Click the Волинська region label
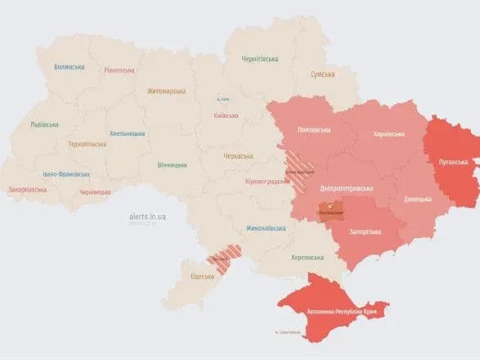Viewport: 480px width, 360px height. click(70, 67)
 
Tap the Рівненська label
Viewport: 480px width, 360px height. click(119, 70)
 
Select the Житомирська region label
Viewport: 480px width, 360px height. click(167, 91)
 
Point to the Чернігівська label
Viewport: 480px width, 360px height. click(260, 59)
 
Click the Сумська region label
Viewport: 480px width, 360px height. click(322, 74)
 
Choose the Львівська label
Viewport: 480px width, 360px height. click(44, 124)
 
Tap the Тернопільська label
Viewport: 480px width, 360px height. click(87, 143)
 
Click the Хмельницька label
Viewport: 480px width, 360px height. click(127, 133)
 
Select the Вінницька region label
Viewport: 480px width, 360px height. click(172, 164)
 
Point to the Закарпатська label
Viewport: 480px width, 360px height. click(29, 189)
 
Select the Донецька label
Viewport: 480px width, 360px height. click(418, 199)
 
